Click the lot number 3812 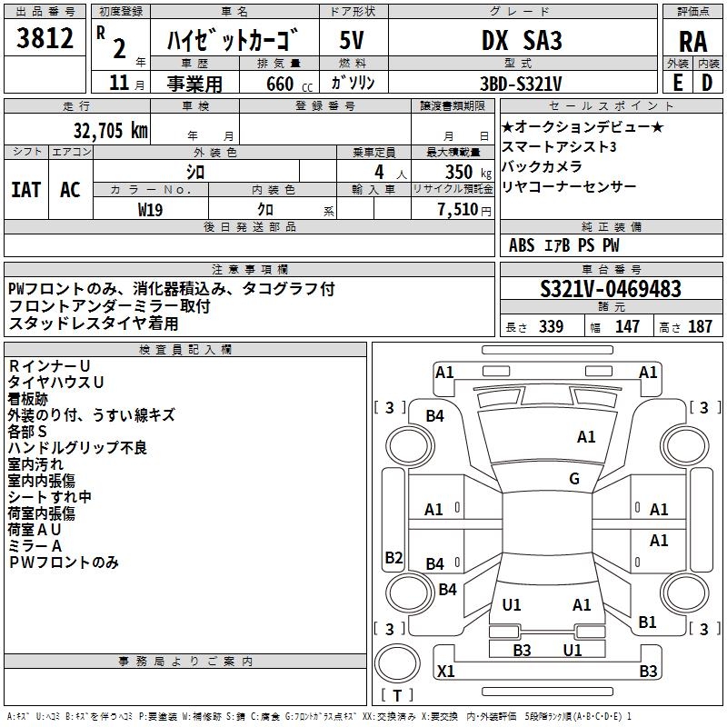click(x=45, y=39)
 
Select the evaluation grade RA click(x=692, y=41)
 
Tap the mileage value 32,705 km click(x=110, y=130)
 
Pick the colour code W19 click(x=151, y=209)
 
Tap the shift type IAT click(x=26, y=189)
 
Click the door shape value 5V click(x=353, y=41)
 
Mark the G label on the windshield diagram click(x=574, y=479)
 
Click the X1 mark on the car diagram click(x=445, y=672)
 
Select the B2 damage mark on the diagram click(x=393, y=557)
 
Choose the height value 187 click(x=700, y=327)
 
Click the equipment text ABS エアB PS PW click(x=564, y=245)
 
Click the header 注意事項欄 click(x=249, y=269)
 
